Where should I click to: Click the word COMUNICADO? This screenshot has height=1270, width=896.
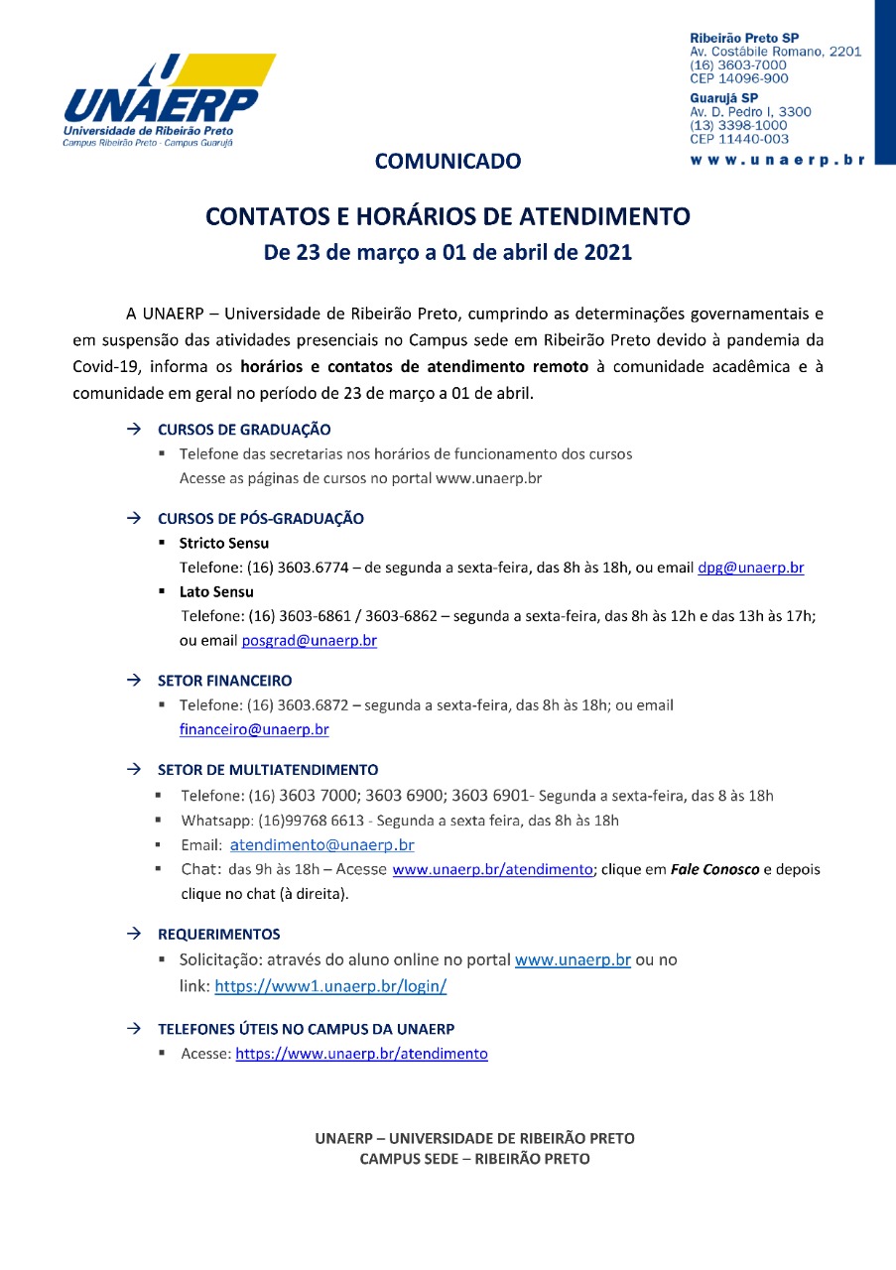tap(448, 161)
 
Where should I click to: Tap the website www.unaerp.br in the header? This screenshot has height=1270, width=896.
tap(777, 159)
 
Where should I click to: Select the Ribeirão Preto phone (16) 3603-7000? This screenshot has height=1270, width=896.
tap(738, 65)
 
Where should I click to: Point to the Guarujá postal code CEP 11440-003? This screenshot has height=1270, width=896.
tap(739, 139)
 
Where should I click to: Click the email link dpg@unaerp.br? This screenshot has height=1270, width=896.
tap(750, 569)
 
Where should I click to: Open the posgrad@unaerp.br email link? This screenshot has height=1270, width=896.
tap(309, 641)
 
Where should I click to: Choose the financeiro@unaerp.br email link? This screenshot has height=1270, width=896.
tap(254, 729)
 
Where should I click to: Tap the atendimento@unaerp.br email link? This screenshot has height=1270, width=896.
tap(321, 845)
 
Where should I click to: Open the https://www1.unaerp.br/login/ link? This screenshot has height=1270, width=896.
tap(330, 987)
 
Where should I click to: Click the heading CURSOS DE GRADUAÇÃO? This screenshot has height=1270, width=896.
tap(244, 430)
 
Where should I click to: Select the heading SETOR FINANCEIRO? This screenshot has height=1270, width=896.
tap(224, 681)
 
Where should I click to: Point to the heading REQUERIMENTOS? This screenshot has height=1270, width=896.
tap(218, 934)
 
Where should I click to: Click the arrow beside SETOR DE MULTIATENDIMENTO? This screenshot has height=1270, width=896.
tap(133, 769)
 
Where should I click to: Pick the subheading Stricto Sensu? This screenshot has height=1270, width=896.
tap(223, 544)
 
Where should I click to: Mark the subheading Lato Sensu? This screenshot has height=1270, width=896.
tap(216, 592)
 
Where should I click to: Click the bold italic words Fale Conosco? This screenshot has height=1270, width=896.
tap(714, 869)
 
